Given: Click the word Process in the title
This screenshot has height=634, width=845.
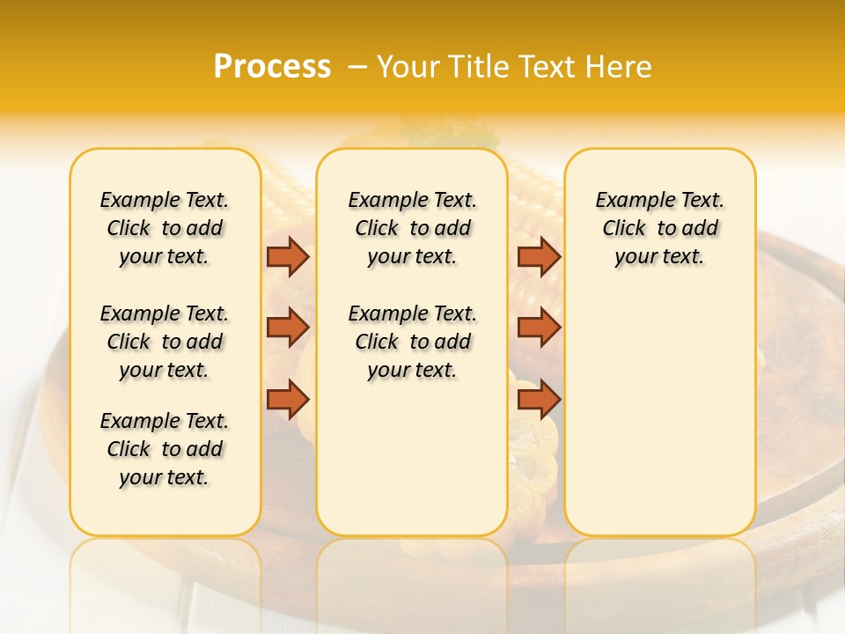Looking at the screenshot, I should (272, 67).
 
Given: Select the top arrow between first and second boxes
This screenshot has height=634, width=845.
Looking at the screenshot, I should (288, 257).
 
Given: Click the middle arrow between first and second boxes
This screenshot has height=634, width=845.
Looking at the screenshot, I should (288, 328).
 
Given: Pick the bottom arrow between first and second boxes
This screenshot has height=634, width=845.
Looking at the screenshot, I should (288, 400).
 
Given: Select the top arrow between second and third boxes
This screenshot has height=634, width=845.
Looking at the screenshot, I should (539, 257).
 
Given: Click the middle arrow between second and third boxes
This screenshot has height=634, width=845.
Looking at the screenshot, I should (539, 328).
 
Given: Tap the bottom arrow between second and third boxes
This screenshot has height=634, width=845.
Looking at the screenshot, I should (539, 400).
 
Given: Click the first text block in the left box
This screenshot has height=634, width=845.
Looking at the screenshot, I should (165, 228).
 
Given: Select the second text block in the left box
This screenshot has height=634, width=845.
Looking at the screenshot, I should (165, 342).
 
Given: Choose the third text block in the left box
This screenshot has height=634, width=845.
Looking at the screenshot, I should (165, 449).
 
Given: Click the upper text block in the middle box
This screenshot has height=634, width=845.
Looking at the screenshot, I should (412, 228).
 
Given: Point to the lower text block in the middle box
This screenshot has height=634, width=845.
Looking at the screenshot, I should (412, 342).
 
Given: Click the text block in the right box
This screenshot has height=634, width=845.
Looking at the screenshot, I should (659, 228).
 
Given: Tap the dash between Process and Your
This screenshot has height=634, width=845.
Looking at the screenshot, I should (357, 68).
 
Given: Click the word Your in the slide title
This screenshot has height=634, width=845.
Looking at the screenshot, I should (408, 67).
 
